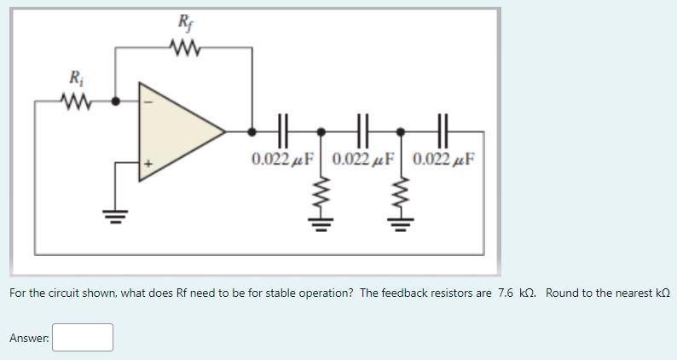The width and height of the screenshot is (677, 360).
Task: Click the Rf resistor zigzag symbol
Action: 184,48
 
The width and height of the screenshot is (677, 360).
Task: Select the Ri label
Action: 75,78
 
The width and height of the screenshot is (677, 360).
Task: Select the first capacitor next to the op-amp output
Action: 283,131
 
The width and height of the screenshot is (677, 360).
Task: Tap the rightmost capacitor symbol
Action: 442,131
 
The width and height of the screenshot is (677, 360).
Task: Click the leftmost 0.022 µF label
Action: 283,160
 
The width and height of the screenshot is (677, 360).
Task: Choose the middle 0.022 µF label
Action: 364,160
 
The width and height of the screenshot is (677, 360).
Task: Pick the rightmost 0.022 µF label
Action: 444,160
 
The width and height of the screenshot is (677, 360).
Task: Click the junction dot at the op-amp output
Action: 252,131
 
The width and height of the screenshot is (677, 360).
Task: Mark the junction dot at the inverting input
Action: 117,101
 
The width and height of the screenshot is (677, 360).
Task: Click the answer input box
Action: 83,338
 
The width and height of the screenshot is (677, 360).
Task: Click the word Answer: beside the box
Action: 29,339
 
